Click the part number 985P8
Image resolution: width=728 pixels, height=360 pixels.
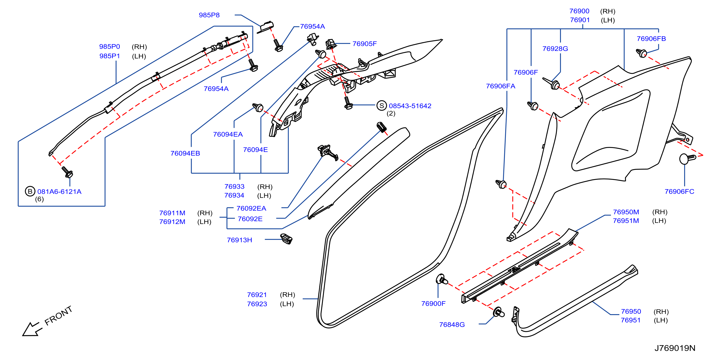[209, 15]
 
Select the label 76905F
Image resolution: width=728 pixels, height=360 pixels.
[365, 44]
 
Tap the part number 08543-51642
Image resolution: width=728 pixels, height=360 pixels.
[410, 106]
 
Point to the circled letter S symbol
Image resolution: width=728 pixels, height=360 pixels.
[382, 106]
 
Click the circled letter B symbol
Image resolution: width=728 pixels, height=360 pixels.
[30, 191]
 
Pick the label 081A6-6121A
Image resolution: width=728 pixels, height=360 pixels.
[59, 191]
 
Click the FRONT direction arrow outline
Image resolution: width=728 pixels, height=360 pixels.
[32, 329]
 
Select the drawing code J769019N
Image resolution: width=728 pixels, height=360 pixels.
[675, 348]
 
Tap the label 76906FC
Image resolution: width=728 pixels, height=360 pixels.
[679, 191]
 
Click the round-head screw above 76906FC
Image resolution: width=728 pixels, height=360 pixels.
[687, 158]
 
